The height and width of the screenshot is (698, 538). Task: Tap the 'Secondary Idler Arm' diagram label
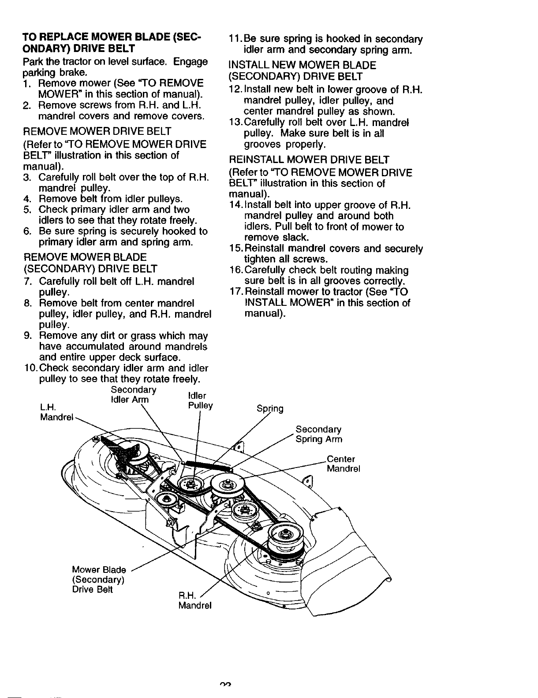pyautogui.click(x=133, y=394)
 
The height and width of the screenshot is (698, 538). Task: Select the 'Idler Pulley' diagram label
pyautogui.click(x=200, y=401)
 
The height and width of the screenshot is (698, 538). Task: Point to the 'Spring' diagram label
pyautogui.click(x=270, y=408)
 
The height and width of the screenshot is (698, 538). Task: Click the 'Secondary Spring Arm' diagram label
pyautogui.click(x=318, y=434)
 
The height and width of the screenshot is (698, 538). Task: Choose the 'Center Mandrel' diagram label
pyautogui.click(x=343, y=464)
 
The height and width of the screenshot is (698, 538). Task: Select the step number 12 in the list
pyautogui.click(x=235, y=89)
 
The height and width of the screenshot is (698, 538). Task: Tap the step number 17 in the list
pyautogui.click(x=235, y=292)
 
